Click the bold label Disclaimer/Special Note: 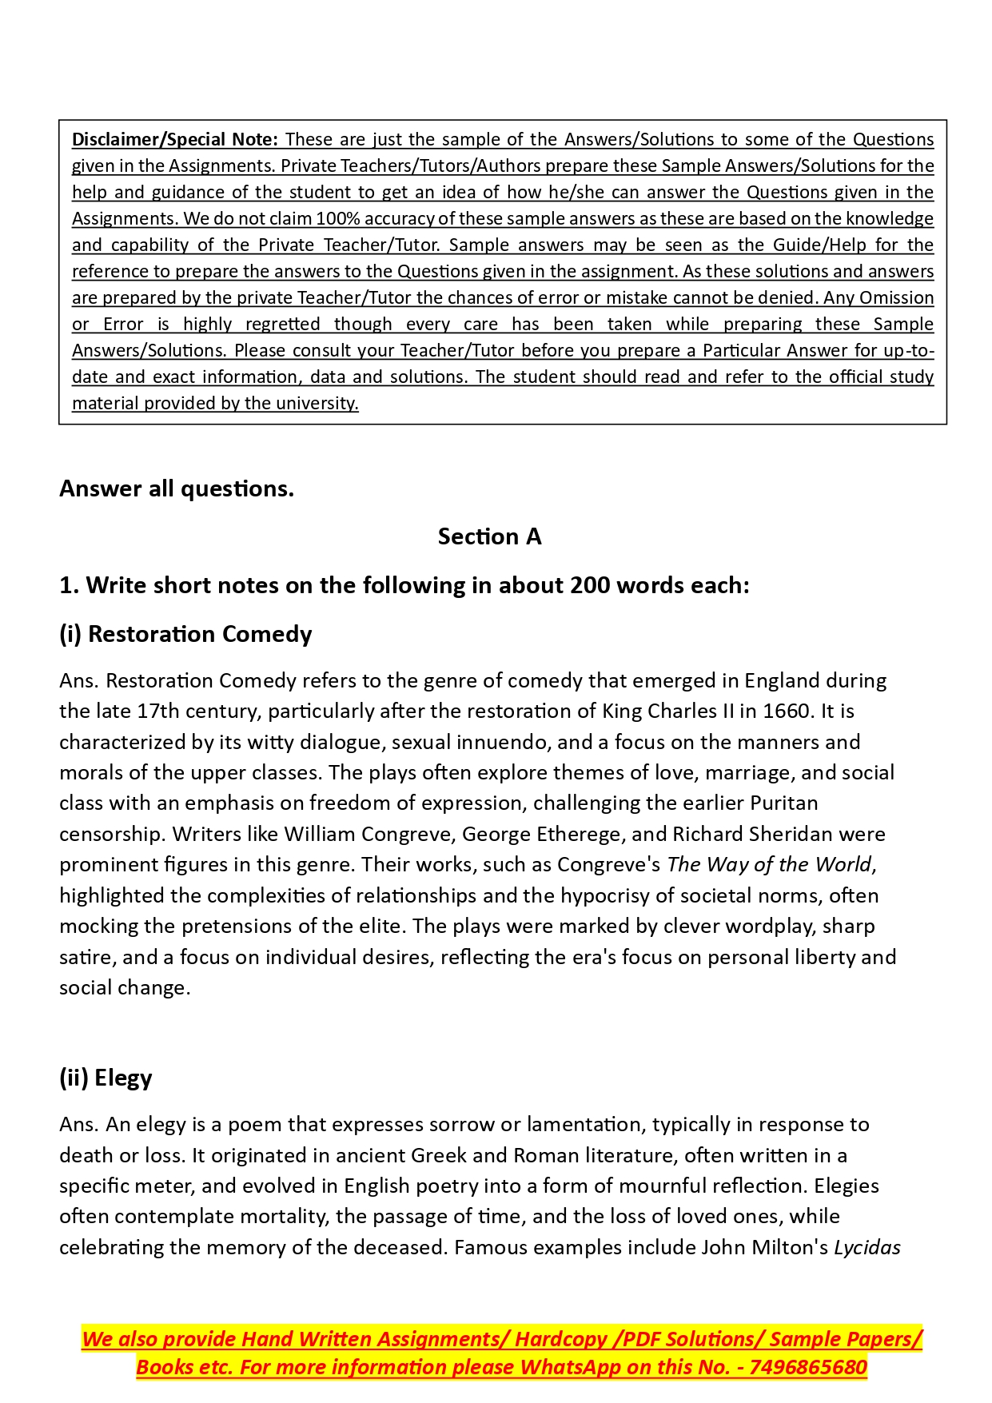174,139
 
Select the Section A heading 489,536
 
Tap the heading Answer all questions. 177,488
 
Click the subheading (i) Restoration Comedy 185,634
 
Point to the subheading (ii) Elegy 106,1078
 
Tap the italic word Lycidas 867,1247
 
